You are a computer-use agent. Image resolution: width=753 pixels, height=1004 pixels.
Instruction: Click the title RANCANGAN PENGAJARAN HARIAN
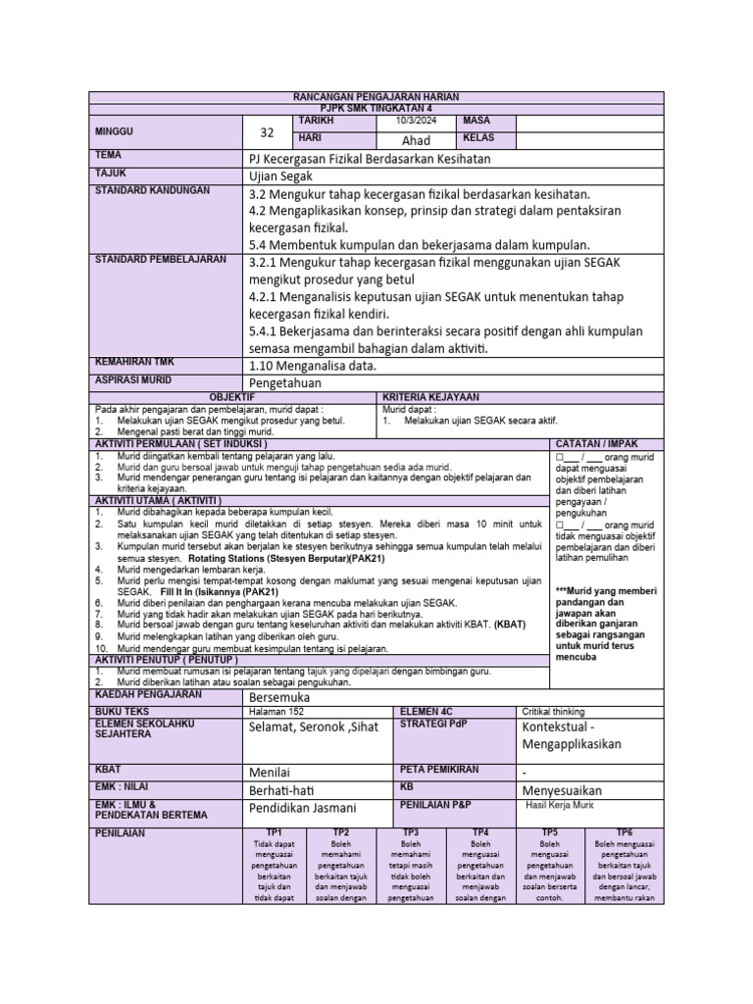click(x=376, y=96)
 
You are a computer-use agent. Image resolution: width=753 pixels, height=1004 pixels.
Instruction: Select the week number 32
click(x=267, y=132)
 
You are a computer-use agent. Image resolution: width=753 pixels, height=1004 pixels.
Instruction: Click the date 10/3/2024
click(x=416, y=121)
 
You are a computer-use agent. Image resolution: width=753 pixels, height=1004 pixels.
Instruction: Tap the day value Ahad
click(x=417, y=140)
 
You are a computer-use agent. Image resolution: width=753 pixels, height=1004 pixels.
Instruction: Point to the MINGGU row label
click(x=115, y=130)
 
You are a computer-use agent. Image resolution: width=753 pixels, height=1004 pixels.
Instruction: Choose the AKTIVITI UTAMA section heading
click(x=158, y=500)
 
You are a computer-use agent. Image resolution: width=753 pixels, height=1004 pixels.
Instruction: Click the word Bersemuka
click(x=283, y=695)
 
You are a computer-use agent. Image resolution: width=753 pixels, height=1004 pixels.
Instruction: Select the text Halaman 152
click(x=278, y=712)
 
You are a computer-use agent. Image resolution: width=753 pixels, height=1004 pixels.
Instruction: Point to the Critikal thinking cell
click(x=555, y=712)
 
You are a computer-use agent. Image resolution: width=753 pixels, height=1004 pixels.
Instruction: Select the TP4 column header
click(x=480, y=831)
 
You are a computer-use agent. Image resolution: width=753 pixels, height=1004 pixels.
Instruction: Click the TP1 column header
click(x=275, y=831)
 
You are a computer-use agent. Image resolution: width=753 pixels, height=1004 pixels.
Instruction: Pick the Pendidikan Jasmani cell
click(x=302, y=808)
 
